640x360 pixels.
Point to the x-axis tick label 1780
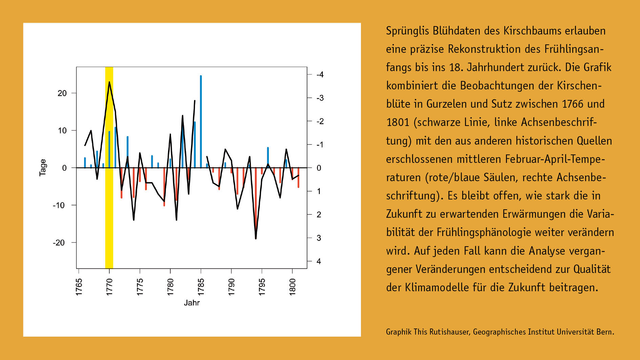[x=170, y=287]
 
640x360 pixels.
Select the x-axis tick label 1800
[x=293, y=287]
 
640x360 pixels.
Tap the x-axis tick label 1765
[x=79, y=287]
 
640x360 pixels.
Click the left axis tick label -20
[x=59, y=243]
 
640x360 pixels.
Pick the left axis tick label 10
[x=62, y=131]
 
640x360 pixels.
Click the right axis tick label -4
[x=320, y=75]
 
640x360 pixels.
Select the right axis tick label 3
[x=319, y=238]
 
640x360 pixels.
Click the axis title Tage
[x=43, y=168]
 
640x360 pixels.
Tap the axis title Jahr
[x=192, y=303]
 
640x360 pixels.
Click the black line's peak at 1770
[x=109, y=82]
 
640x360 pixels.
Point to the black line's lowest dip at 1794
[x=256, y=238]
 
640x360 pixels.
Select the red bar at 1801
[x=298, y=178]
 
